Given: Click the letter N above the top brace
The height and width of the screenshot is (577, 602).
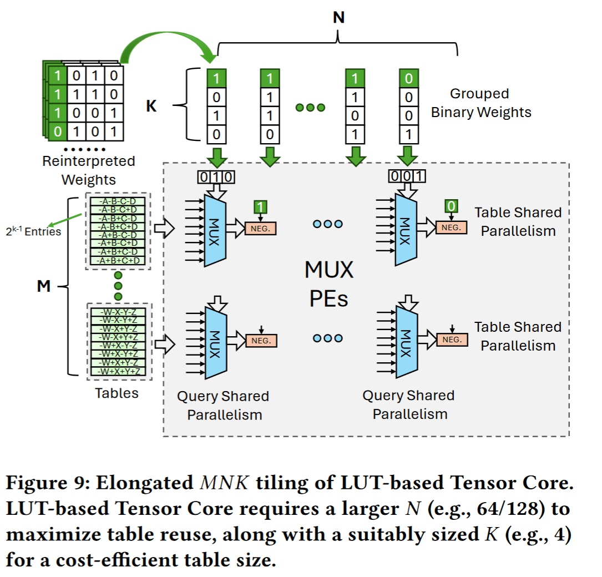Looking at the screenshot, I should (338, 17).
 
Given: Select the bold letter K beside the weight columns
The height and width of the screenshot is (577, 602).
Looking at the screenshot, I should (151, 106).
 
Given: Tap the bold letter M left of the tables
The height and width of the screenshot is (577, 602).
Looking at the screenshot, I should (43, 286).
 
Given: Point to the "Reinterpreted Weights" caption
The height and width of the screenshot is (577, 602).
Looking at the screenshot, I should (89, 170).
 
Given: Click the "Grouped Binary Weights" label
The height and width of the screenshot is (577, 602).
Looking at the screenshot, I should (480, 103).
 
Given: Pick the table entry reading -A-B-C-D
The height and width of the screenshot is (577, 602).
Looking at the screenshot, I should (117, 202).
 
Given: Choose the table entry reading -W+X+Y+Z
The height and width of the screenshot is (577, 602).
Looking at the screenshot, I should (117, 371).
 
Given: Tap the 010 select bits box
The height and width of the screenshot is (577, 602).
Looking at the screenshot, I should (216, 178).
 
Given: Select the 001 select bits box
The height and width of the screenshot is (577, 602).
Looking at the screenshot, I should (408, 178).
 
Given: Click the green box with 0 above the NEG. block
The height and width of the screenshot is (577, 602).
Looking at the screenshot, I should (452, 207).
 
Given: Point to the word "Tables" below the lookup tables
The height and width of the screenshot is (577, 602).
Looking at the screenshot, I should (117, 393).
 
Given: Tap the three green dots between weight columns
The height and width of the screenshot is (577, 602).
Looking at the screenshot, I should (310, 108).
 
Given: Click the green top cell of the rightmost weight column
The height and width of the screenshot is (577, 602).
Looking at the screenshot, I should (409, 78).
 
